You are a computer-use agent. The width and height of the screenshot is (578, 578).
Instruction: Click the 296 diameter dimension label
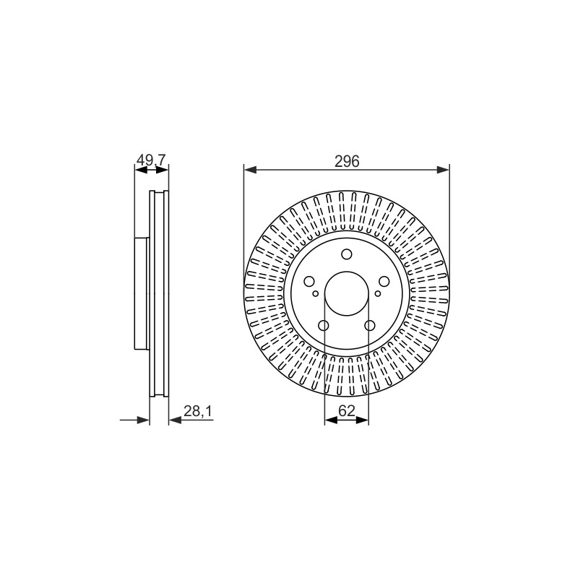point(347,161)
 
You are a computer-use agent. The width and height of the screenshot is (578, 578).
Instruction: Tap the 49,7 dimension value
point(152,160)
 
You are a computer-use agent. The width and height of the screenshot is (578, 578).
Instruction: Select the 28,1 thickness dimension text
point(198,411)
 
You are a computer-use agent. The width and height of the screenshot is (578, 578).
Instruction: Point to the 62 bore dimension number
point(346,410)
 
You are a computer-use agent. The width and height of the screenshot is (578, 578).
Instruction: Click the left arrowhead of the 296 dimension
point(250,170)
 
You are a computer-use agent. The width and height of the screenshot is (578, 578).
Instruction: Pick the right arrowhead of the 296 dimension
point(443,170)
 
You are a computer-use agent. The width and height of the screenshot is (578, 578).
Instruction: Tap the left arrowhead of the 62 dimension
point(331,420)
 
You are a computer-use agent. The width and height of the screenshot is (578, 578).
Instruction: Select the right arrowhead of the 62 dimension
point(363,420)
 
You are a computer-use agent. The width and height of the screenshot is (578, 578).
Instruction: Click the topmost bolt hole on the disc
point(347,254)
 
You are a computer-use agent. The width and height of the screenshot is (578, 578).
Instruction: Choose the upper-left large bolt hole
point(309,281)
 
